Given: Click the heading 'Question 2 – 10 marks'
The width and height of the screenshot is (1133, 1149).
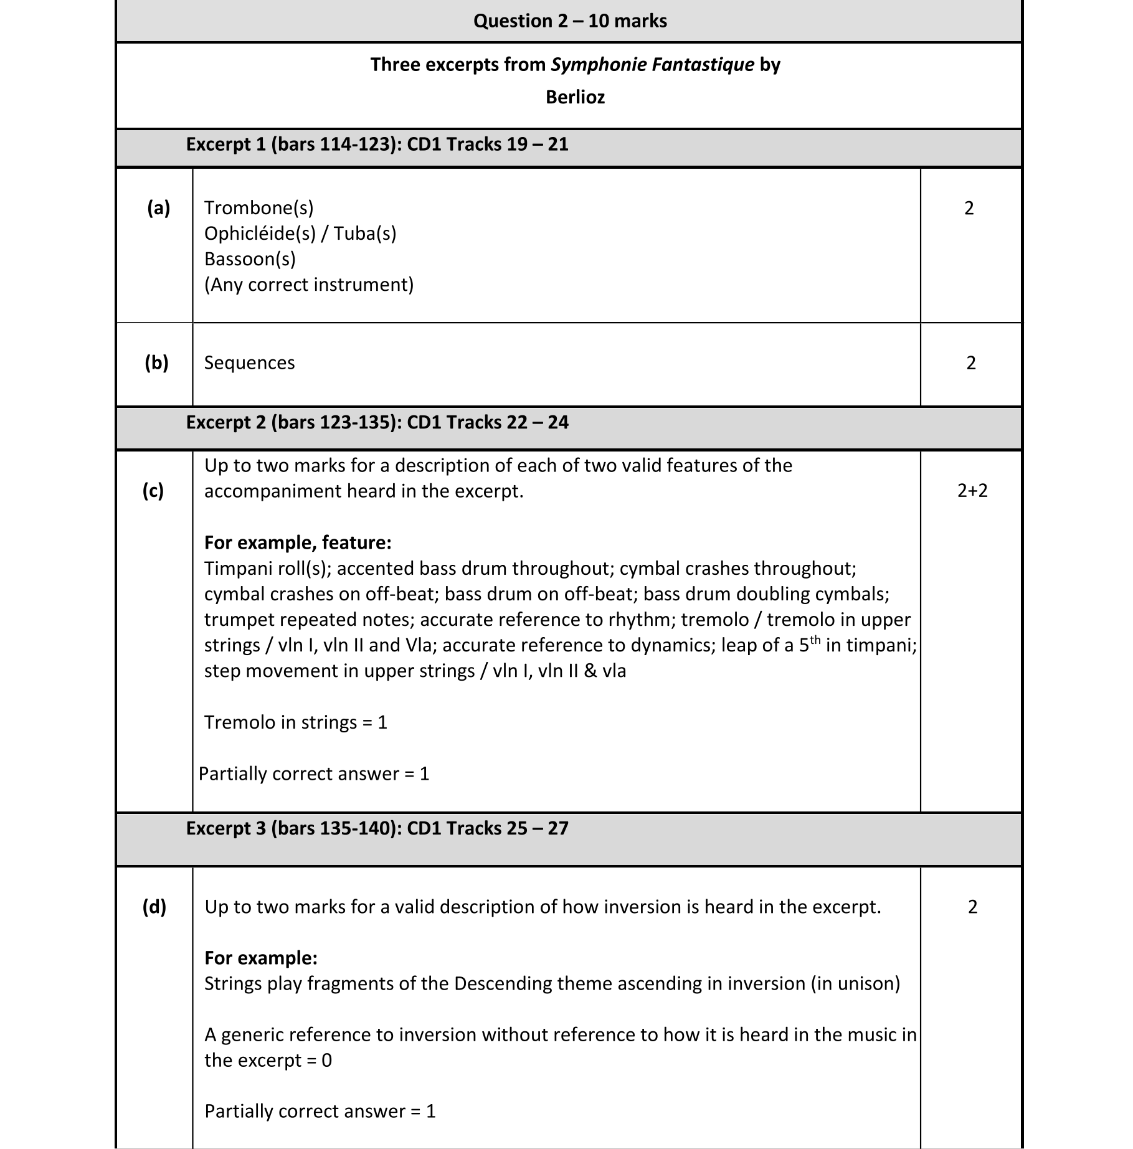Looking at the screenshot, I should tap(569, 21).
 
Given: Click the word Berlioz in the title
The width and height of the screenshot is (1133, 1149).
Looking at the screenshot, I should tap(575, 97).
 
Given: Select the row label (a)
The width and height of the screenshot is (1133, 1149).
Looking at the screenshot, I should tap(158, 208).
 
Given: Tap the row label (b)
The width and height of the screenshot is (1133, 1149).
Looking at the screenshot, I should tap(156, 362).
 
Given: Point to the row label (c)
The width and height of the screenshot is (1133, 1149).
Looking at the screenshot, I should tap(153, 491).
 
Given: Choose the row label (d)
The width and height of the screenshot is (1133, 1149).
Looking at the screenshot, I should tap(154, 907).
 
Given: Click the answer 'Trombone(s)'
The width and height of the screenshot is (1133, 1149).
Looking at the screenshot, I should tap(258, 208).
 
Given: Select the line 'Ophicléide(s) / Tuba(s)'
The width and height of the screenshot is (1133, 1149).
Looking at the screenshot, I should tap(300, 234).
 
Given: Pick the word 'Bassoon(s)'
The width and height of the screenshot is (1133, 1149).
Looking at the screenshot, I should tap(250, 259).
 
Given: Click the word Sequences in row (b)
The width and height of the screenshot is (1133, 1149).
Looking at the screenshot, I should tap(249, 363).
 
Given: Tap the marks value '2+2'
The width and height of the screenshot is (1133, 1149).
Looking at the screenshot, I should tap(972, 491).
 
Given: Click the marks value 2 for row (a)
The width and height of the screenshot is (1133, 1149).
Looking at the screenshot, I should tap(969, 208).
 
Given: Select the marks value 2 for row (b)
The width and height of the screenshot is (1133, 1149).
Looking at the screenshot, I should tap(971, 363).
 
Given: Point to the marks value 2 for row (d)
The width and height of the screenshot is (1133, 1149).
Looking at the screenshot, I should tap(972, 907).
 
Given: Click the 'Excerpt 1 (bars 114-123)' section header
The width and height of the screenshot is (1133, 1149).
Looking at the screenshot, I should tap(377, 144).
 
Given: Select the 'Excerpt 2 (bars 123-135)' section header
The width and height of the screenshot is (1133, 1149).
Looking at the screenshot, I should tap(377, 422).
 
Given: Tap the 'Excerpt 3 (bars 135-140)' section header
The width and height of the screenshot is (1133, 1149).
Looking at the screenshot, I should tap(377, 828).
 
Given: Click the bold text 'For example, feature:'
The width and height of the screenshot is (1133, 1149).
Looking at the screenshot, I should tap(298, 542).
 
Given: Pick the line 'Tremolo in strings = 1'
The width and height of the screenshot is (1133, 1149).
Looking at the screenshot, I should tap(296, 722).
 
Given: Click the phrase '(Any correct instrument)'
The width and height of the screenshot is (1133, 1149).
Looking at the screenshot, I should tap(309, 285).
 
